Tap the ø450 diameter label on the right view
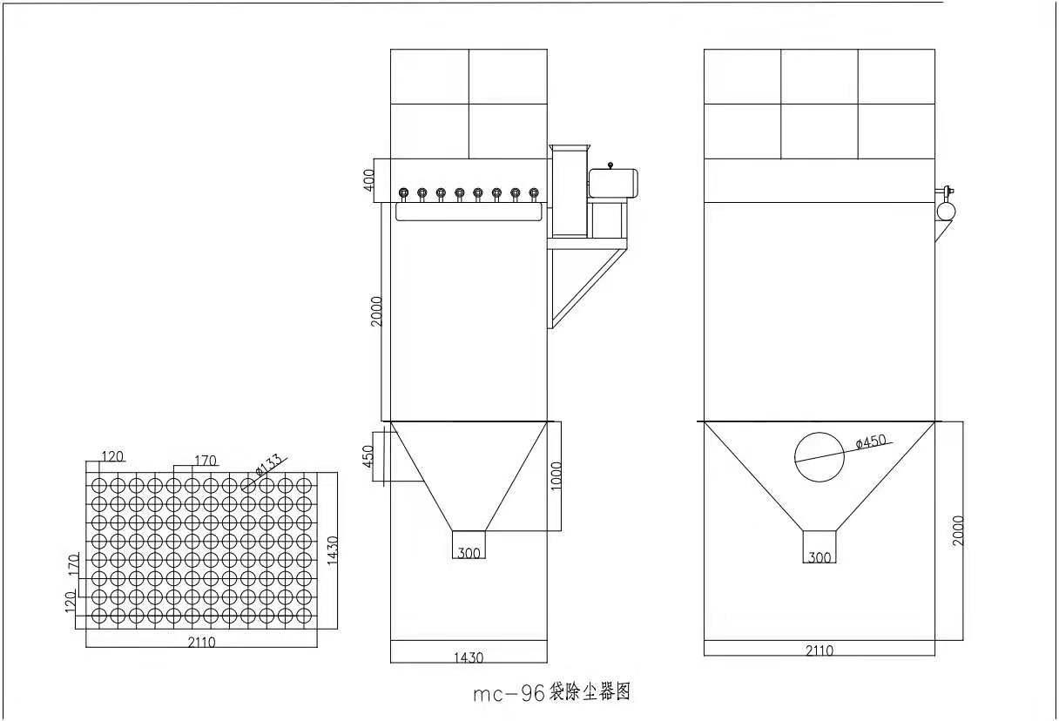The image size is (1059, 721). coord(871,441)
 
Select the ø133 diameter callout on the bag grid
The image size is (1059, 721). coord(268,464)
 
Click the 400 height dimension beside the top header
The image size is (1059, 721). coord(368,179)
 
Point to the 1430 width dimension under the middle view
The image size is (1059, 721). coord(469,657)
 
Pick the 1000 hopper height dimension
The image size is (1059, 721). coord(556,475)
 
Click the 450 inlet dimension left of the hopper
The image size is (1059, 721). coord(368,456)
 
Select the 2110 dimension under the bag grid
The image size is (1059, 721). coord(201,642)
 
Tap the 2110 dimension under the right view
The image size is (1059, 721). coord(820,650)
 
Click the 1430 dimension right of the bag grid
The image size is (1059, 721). coord(333,549)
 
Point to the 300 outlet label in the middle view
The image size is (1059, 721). coord(469,553)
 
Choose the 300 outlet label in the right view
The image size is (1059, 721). coord(820,557)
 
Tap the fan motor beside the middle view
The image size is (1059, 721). coord(613,183)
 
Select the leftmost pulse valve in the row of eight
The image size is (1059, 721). coord(403,193)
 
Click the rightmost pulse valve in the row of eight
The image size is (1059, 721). coord(534,193)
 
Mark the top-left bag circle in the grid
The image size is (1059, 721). coord(98,485)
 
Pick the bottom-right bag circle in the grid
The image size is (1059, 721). coord(304,616)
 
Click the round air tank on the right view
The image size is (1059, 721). coord(946,211)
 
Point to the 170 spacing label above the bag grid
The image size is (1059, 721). coord(206,460)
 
